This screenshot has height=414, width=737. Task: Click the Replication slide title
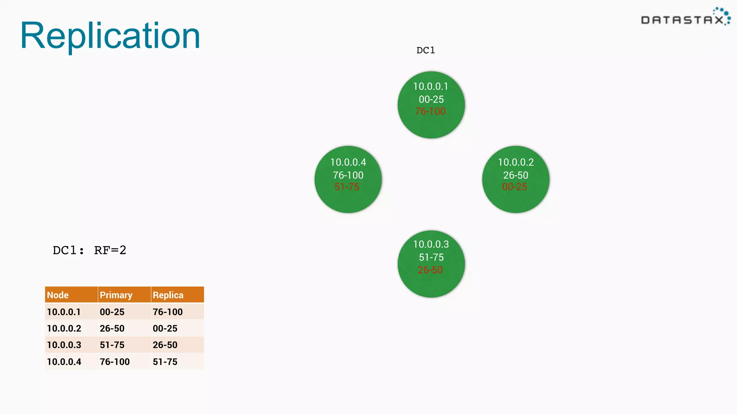[x=110, y=36]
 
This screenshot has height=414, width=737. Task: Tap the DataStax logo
[x=685, y=18]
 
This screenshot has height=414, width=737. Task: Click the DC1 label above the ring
[x=426, y=50]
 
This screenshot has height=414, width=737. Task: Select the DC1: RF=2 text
[x=89, y=250]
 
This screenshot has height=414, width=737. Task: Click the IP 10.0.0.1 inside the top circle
[x=431, y=87]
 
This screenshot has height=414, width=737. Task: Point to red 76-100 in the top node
[x=430, y=111]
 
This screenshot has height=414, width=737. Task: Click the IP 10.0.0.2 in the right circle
[x=516, y=162]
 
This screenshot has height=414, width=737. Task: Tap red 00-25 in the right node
[x=515, y=187]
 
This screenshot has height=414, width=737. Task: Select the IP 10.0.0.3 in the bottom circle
[x=431, y=244]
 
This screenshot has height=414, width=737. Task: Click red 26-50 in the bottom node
[x=430, y=270]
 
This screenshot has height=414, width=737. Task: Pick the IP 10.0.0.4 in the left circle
[x=348, y=162]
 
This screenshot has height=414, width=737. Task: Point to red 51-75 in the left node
[x=347, y=187]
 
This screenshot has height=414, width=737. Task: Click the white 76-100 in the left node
[x=348, y=175]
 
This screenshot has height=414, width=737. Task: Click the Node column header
[x=58, y=295]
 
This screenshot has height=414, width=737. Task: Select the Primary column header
[x=116, y=295]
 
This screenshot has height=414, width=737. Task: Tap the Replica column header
[x=168, y=295]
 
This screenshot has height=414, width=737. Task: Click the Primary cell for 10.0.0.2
[x=112, y=328]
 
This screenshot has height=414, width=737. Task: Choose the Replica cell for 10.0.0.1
[x=168, y=312]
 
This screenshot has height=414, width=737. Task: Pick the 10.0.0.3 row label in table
[x=64, y=345]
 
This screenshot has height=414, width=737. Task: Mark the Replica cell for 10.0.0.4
[x=165, y=362]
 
